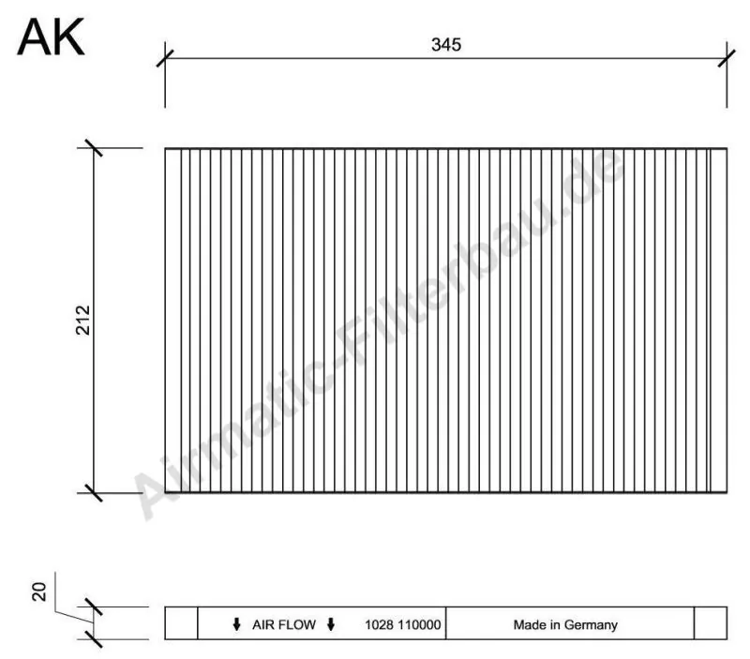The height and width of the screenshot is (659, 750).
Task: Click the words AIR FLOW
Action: click(x=283, y=623)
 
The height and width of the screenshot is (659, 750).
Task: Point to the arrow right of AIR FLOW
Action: click(x=331, y=623)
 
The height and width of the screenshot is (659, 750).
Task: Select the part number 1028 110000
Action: click(x=403, y=623)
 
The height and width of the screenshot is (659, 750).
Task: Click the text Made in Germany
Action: click(x=564, y=623)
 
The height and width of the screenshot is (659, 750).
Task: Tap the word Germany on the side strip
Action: click(x=591, y=623)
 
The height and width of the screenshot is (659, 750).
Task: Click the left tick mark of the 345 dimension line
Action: click(x=165, y=58)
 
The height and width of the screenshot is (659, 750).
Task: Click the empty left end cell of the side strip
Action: click(x=181, y=623)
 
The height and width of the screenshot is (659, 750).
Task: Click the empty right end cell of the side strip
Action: click(x=711, y=623)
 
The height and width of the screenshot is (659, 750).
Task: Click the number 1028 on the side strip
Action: click(x=377, y=623)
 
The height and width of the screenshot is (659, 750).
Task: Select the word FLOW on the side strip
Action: click(x=300, y=623)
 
